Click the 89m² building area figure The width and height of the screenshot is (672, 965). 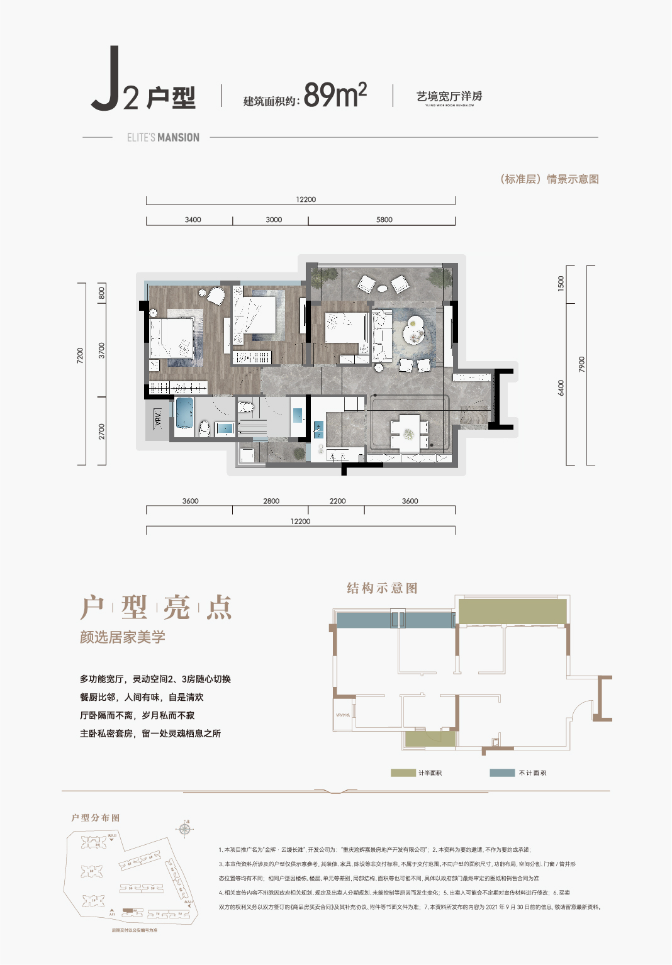(x=335, y=96)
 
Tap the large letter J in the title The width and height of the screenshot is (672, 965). (x=106, y=79)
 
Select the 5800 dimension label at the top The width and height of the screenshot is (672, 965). (x=384, y=220)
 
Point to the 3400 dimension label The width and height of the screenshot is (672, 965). (x=193, y=220)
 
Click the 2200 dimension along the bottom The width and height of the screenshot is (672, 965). (x=337, y=501)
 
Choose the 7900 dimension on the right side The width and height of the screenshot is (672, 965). (x=581, y=364)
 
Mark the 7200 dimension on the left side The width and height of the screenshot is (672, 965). (x=80, y=355)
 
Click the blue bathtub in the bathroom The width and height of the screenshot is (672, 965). (x=184, y=413)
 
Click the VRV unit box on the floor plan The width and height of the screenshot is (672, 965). (x=158, y=417)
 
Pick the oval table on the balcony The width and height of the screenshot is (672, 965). (x=383, y=289)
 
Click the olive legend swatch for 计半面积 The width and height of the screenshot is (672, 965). (x=403, y=773)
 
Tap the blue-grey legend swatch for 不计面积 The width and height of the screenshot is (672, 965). (x=502, y=773)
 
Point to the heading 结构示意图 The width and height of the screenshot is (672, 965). (x=382, y=588)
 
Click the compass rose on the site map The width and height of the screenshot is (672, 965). (x=184, y=829)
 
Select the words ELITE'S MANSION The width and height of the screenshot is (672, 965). (x=163, y=137)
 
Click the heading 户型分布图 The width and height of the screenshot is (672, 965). (x=96, y=818)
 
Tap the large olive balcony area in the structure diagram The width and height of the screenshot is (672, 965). (x=512, y=611)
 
